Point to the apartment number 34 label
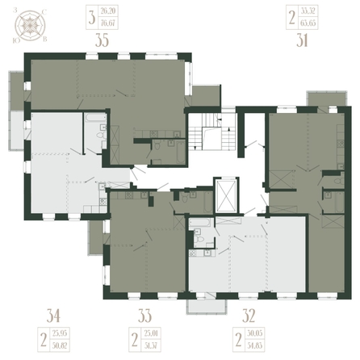point(54,316)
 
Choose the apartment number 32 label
point(249,316)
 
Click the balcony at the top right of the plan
point(322,98)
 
